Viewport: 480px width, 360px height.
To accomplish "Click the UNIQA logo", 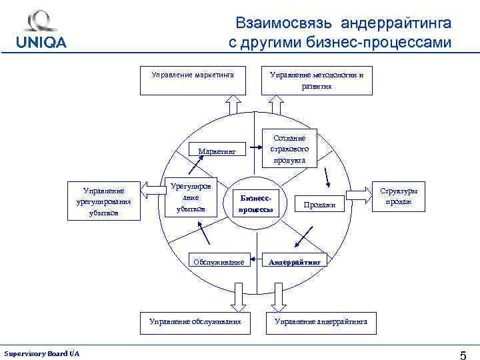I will click(41, 30).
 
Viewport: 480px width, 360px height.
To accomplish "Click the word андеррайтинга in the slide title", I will click(396, 23).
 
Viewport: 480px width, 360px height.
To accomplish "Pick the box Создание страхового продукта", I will click(289, 149).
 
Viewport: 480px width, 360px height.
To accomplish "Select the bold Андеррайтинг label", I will click(295, 262).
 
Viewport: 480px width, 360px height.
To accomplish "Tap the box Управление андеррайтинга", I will click(321, 321).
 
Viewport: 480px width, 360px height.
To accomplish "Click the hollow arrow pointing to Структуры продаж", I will click(360, 193).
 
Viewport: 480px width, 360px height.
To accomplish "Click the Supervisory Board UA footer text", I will click(42, 353).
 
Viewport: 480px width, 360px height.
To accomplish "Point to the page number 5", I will click(463, 354).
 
